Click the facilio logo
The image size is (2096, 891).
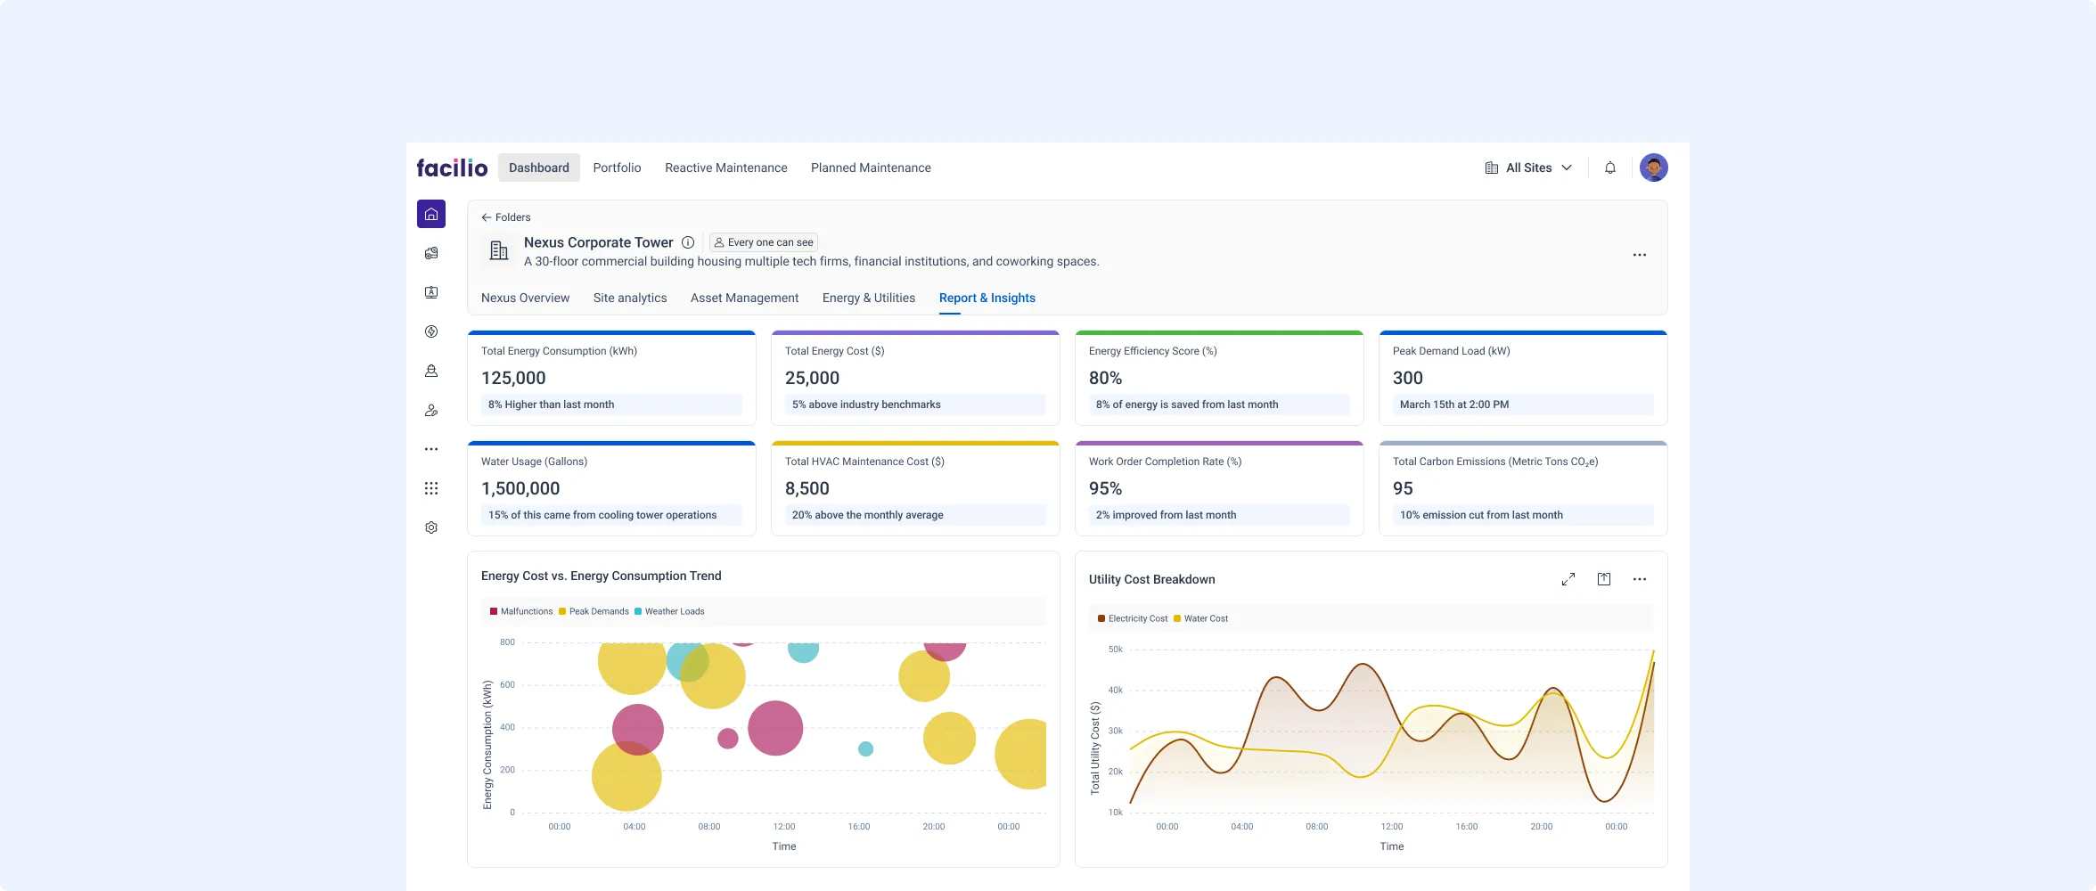click(x=452, y=168)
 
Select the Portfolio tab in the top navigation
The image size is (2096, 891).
click(x=617, y=168)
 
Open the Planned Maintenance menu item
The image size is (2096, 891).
click(x=871, y=168)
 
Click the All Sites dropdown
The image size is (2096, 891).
click(x=1528, y=168)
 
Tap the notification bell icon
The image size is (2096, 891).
click(x=1610, y=168)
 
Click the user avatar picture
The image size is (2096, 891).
click(x=1653, y=168)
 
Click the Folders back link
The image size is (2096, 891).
click(x=506, y=217)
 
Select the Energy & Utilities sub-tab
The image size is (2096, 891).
click(x=868, y=298)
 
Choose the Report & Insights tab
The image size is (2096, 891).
click(x=987, y=298)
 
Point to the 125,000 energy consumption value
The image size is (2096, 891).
click(x=513, y=378)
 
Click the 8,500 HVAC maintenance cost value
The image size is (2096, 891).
click(x=806, y=488)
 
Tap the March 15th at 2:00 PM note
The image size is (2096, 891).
click(x=1453, y=405)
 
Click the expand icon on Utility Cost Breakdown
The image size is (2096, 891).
click(x=1568, y=579)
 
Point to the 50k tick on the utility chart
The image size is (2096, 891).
click(x=1115, y=650)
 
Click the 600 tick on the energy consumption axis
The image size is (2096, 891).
click(x=507, y=685)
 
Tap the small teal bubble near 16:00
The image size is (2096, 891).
click(x=865, y=749)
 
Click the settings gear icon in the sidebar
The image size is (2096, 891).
click(x=431, y=527)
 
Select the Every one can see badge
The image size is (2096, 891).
click(x=764, y=242)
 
